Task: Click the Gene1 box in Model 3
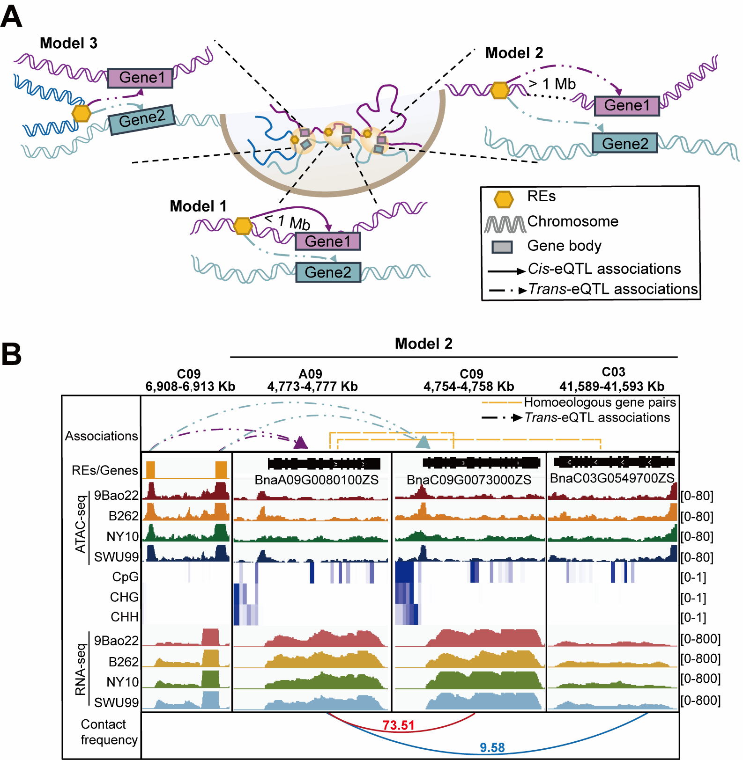(x=140, y=78)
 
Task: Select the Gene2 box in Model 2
(x=624, y=143)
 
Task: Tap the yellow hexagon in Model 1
(x=243, y=226)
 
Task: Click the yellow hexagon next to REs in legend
(x=504, y=199)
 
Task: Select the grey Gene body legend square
(x=502, y=247)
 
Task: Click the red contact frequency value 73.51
(x=398, y=725)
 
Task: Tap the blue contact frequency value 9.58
(x=492, y=748)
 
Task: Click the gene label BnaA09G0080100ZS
(x=316, y=480)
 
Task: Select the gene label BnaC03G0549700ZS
(x=612, y=478)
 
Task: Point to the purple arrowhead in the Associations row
(x=300, y=442)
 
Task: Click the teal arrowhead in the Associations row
(x=423, y=442)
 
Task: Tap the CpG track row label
(x=125, y=577)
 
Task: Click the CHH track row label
(x=125, y=617)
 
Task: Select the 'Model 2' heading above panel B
(x=424, y=343)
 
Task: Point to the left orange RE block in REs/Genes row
(x=150, y=469)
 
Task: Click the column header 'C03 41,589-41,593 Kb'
(x=612, y=380)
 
